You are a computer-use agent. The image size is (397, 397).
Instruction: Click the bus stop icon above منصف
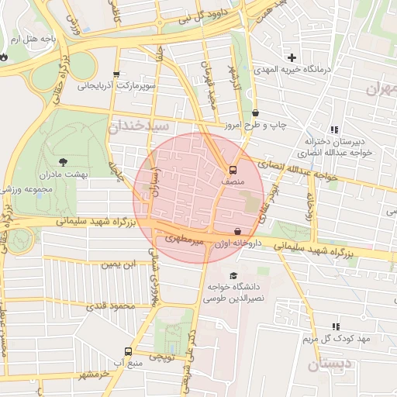tap(232, 170)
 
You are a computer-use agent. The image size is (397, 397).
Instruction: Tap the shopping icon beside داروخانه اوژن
tap(237, 230)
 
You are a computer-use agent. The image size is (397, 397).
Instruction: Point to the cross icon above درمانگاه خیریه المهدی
tap(292, 57)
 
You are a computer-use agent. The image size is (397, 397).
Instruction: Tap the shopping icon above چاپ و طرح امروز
tap(256, 113)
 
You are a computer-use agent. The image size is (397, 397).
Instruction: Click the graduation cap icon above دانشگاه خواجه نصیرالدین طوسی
tap(233, 275)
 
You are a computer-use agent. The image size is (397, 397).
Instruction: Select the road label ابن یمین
tap(119, 264)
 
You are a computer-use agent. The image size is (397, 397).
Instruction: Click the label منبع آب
tap(126, 363)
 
